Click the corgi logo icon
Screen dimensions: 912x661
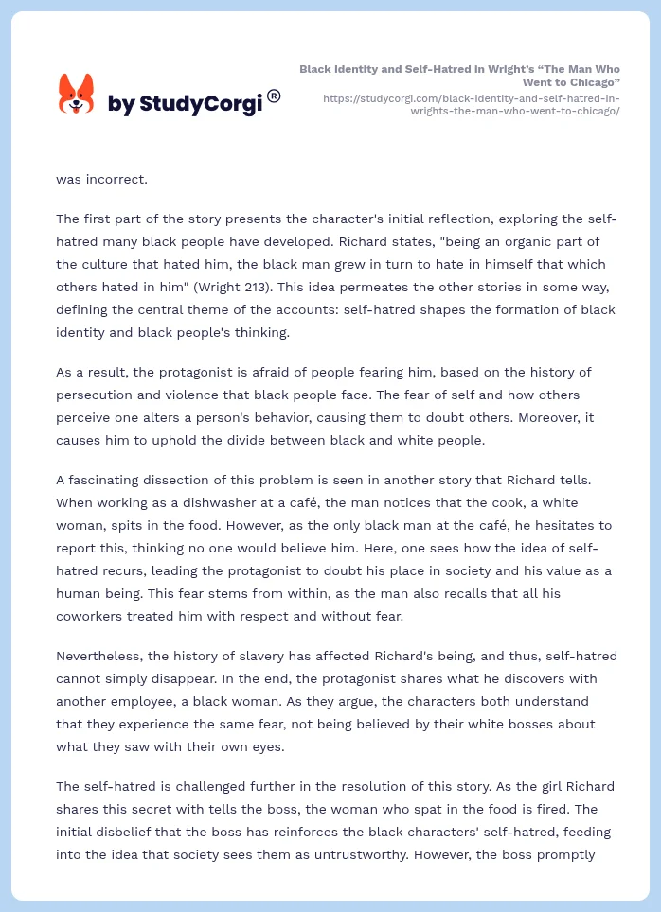(77, 94)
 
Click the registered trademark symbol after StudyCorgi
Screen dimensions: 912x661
(274, 96)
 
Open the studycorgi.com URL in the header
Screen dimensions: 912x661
(471, 104)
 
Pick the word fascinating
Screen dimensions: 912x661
(108, 480)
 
